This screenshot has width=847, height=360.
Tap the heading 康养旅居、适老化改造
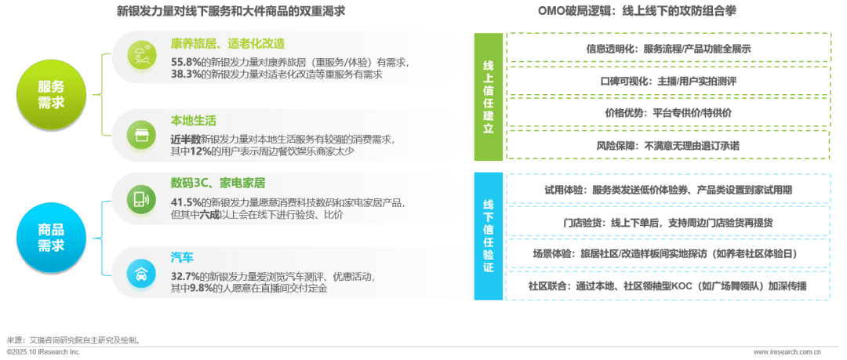coord(227,43)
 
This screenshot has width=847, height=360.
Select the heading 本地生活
coord(193,121)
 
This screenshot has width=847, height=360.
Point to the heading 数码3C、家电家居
coord(218,184)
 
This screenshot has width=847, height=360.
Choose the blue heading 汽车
coord(182,257)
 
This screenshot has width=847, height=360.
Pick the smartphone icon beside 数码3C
coord(143,198)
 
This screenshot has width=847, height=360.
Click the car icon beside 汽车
coord(143,273)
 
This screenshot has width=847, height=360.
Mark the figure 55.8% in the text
coord(185,61)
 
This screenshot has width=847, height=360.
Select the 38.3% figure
coord(185,75)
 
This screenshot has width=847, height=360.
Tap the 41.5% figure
coord(185,202)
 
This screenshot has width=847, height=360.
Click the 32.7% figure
coord(185,276)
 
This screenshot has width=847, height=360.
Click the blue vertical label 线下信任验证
coord(488,235)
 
